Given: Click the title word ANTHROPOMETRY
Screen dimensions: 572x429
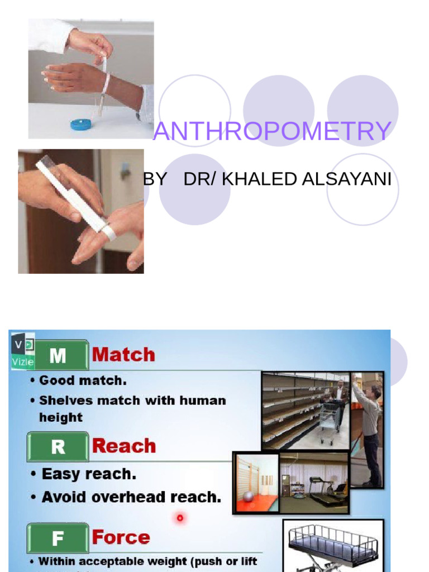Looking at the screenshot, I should (272, 131).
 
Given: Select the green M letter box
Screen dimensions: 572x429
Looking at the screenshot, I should (58, 355).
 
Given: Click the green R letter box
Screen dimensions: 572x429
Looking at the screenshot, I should (58, 446).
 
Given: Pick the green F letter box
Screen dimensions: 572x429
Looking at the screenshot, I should (58, 538).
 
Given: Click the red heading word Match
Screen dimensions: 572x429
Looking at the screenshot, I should (123, 355).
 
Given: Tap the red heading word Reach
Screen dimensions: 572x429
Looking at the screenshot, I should (123, 446).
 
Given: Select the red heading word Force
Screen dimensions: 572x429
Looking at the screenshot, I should (121, 537).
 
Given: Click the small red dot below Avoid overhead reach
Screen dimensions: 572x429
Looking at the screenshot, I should (180, 518).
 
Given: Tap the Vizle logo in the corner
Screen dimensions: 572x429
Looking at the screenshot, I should (22, 350).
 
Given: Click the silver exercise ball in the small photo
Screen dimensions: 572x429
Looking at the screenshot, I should (248, 497).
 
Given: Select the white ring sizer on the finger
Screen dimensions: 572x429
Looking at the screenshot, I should (108, 230).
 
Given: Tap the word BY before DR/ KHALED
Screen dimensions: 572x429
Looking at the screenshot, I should (155, 179).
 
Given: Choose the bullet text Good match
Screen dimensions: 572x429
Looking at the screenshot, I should (83, 381).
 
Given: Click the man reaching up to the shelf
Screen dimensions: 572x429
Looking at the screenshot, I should (369, 430).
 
